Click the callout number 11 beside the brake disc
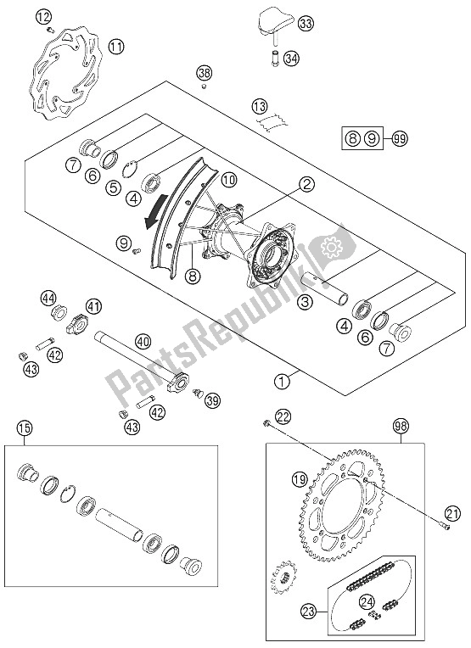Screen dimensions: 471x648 [116, 47]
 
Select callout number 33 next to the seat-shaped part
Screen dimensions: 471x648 [306, 24]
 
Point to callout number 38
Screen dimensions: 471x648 [204, 74]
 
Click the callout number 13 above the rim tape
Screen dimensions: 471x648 [260, 108]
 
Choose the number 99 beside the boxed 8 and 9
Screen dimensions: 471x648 [400, 138]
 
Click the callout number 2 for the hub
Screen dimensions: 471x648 [306, 184]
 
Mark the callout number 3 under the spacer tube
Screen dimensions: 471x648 [305, 302]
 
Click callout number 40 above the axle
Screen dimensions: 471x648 [143, 342]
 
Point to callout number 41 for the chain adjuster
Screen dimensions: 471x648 [93, 307]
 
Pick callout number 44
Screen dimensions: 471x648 [48, 299]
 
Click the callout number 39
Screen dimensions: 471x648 [212, 400]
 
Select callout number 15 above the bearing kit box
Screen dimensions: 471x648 [25, 428]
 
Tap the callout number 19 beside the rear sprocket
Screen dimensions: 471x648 [300, 480]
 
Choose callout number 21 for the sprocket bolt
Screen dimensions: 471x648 [452, 514]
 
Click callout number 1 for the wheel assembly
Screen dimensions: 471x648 [283, 382]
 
